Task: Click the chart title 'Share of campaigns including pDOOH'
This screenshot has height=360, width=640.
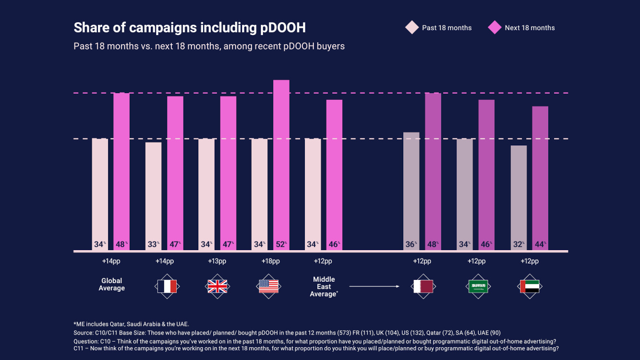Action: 190,28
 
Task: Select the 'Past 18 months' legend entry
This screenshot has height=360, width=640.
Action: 439,28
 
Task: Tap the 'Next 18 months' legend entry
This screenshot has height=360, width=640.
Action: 521,28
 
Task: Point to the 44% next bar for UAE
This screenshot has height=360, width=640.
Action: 540,178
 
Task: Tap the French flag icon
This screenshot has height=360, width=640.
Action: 167,287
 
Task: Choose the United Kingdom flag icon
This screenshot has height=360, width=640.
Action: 217,287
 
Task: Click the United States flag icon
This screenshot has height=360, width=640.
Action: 268,287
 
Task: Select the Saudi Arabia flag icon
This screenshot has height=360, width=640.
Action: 477,287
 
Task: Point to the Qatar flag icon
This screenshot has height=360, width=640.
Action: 423,287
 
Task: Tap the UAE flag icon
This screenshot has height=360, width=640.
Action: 530,287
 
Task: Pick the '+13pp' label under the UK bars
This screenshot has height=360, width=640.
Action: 217,262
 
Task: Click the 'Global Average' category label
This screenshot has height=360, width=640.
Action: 112,285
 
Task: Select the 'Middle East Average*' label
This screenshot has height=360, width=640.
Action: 324,287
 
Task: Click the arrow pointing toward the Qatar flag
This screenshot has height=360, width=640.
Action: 374,287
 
